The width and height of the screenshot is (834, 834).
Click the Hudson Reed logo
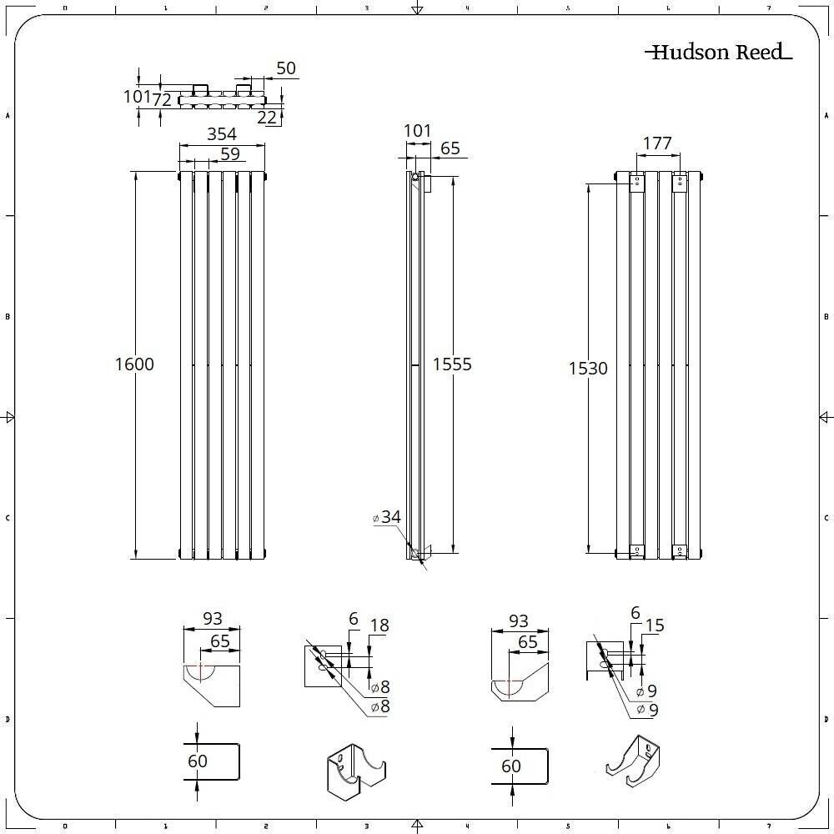pyautogui.click(x=717, y=53)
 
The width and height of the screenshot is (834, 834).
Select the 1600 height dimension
pyautogui.click(x=135, y=364)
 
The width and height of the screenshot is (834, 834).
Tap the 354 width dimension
pyautogui.click(x=222, y=134)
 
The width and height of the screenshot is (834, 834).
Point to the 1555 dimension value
pyautogui.click(x=452, y=364)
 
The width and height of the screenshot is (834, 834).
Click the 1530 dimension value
pyautogui.click(x=588, y=368)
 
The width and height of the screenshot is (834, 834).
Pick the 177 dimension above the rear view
pyautogui.click(x=657, y=143)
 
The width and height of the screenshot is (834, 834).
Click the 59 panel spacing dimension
pyautogui.click(x=229, y=154)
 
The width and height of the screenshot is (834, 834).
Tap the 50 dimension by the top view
pyautogui.click(x=285, y=68)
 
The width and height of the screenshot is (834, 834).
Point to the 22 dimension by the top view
pyautogui.click(x=267, y=118)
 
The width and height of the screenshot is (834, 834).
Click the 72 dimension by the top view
pyautogui.click(x=161, y=99)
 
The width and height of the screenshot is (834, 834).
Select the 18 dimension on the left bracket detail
pyautogui.click(x=379, y=625)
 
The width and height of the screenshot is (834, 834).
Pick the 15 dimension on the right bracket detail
pyautogui.click(x=655, y=625)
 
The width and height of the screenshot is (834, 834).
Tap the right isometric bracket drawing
pyautogui.click(x=636, y=761)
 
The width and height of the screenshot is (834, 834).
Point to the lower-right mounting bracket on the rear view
pyautogui.click(x=681, y=550)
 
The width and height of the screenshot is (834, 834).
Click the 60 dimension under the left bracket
pyautogui.click(x=198, y=761)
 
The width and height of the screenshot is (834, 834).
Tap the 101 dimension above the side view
pyautogui.click(x=417, y=131)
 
